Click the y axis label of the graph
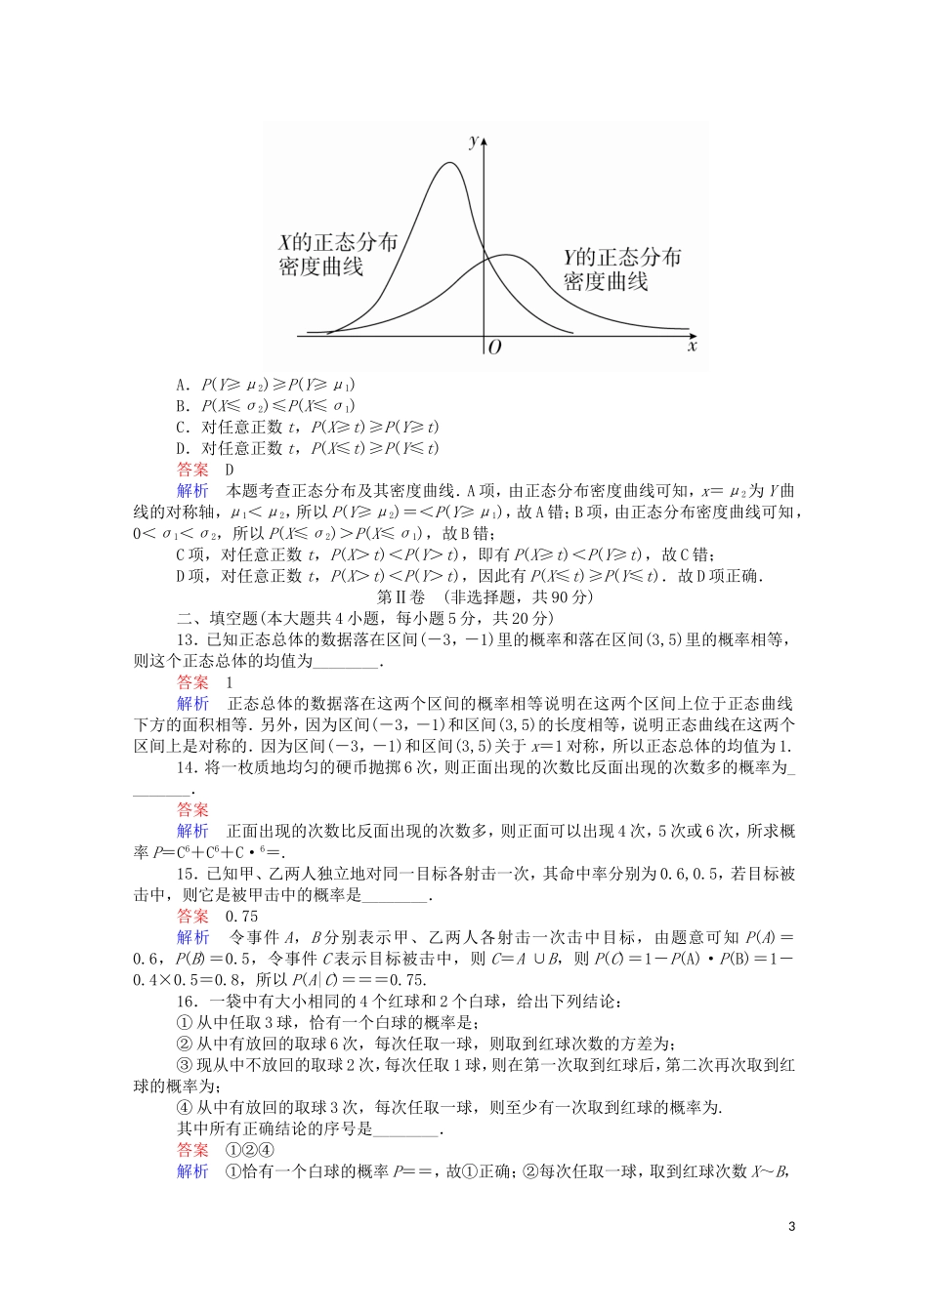tap(474, 142)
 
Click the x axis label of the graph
tap(692, 346)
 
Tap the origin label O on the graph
tap(494, 348)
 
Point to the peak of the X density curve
tap(449, 163)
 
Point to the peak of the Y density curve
tap(505, 256)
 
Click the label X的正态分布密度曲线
tap(338, 255)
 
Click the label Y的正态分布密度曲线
tap(621, 270)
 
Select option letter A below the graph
tap(182, 385)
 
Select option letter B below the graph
tap(182, 406)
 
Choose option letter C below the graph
tap(182, 428)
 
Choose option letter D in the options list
tap(182, 449)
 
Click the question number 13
tap(186, 640)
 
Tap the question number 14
tap(186, 768)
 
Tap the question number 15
tap(186, 875)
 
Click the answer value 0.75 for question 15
tap(241, 917)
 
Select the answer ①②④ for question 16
tap(250, 1150)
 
